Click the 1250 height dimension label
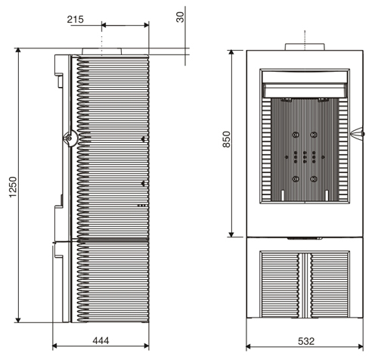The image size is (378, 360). [13, 187]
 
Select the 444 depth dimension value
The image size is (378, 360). [101, 341]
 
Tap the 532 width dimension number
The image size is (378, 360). [306, 341]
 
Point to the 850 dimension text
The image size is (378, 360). [227, 139]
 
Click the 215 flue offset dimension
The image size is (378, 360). [76, 20]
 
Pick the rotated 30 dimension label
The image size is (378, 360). [181, 17]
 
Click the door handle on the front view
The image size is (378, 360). [358, 133]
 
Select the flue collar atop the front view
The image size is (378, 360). [305, 47]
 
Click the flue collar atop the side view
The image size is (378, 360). [102, 51]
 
